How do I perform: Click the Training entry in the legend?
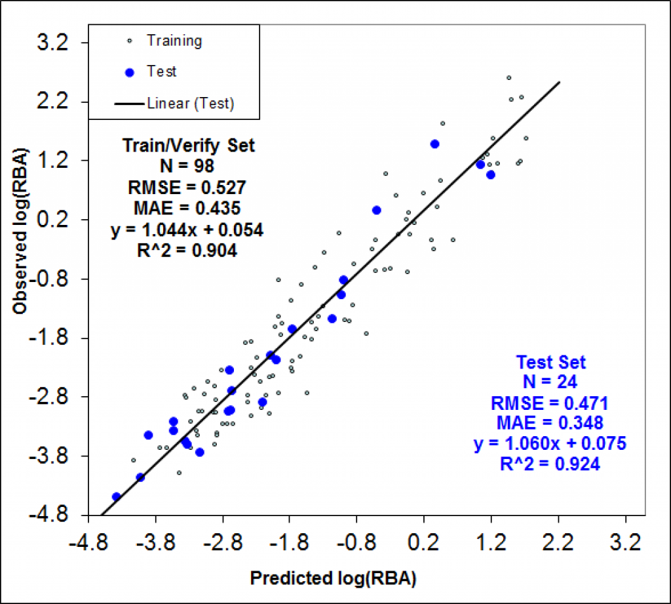tap(174, 41)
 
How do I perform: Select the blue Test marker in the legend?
tap(129, 72)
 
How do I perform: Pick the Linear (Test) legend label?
tap(191, 103)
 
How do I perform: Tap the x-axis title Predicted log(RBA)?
tap(334, 578)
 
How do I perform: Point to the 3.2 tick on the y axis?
tap(53, 43)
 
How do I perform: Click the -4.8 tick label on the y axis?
tap(48, 515)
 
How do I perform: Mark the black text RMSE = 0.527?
tap(187, 188)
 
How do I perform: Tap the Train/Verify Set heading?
tap(189, 146)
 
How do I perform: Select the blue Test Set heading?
tap(550, 361)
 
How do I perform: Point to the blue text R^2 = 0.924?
tap(550, 464)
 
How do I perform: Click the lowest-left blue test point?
tap(116, 497)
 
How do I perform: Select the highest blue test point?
tap(434, 144)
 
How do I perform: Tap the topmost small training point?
tap(508, 77)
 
